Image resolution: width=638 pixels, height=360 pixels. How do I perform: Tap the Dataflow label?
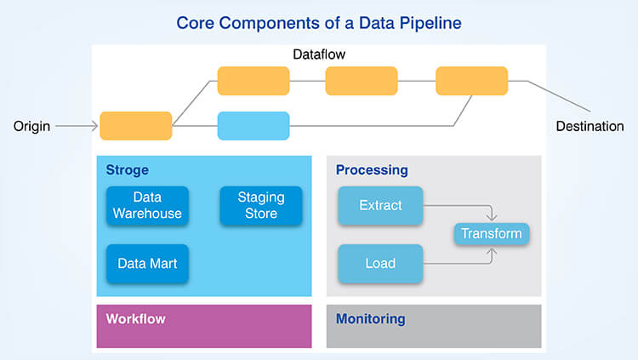(319, 54)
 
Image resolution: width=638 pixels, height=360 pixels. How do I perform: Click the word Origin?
(31, 126)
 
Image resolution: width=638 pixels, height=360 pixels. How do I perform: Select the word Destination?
(590, 126)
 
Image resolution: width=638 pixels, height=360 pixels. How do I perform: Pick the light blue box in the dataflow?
(253, 126)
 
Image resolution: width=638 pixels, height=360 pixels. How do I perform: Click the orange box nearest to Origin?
(136, 126)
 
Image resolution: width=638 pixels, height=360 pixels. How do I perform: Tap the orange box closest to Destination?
(471, 81)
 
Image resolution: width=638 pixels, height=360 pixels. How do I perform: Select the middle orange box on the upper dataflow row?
(362, 81)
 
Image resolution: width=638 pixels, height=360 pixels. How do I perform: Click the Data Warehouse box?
(147, 205)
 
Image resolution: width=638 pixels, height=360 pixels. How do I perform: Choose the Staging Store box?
(261, 205)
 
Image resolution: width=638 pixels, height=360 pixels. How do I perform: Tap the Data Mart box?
(147, 263)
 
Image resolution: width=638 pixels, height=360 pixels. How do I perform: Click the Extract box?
(380, 205)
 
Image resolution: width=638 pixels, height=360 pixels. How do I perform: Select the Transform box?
(491, 233)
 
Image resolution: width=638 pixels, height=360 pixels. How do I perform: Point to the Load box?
(380, 263)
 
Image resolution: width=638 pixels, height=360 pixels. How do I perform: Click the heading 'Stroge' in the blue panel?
(127, 170)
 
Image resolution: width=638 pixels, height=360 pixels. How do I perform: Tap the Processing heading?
(372, 170)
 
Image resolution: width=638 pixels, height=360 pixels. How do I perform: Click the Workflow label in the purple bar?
(135, 319)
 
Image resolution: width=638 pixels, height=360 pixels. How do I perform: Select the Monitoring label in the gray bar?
(370, 319)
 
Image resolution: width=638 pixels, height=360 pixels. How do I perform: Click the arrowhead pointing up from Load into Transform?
(492, 249)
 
